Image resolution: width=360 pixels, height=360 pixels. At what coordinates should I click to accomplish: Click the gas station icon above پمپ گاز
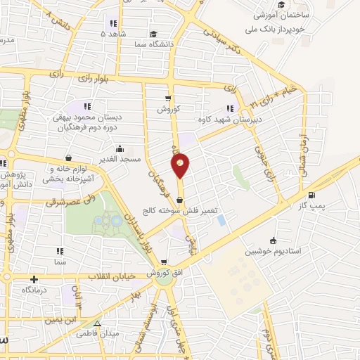(311, 195)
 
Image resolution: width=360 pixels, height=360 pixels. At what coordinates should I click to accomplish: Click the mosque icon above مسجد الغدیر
(121, 148)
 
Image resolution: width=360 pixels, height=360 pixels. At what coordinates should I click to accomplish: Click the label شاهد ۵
(113, 34)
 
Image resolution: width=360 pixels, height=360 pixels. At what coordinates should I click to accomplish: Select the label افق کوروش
(163, 272)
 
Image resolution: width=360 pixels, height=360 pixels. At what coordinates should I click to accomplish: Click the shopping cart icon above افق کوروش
(164, 262)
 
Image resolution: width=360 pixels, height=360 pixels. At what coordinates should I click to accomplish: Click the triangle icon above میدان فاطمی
(98, 323)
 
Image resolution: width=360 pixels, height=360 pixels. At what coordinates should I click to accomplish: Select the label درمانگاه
(34, 289)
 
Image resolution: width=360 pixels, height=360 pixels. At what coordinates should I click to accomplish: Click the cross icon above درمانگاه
(33, 279)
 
